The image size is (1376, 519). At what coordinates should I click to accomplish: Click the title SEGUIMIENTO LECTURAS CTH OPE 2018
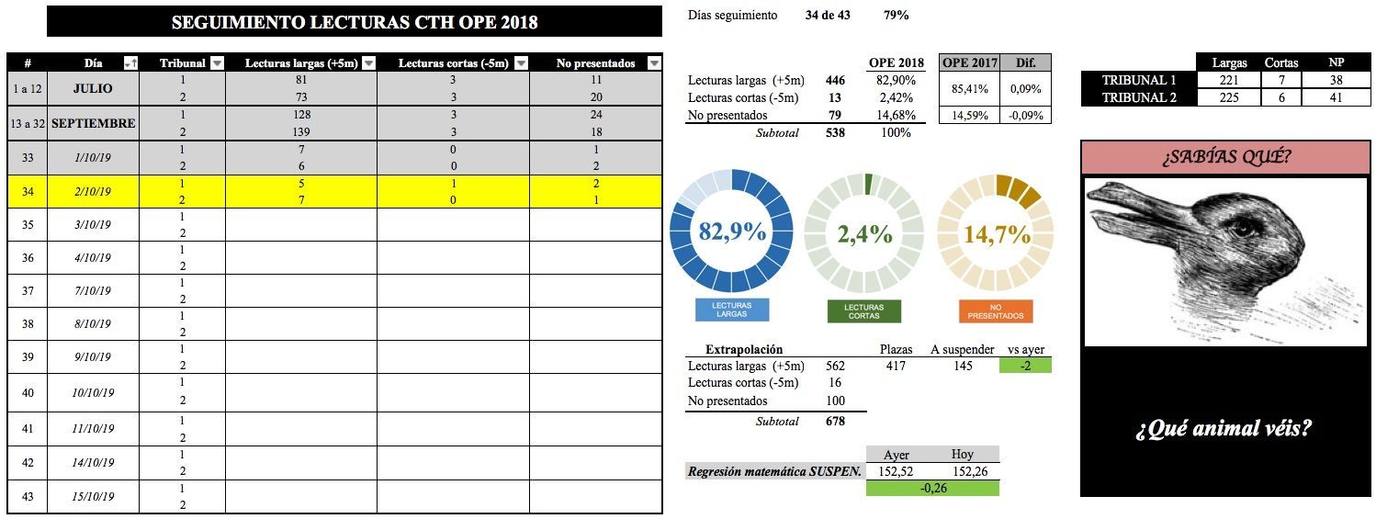355,22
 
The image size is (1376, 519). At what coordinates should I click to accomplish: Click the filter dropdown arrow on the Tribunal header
217,63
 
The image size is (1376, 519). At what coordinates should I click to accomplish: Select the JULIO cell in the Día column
93,89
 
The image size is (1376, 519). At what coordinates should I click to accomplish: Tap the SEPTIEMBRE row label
93,123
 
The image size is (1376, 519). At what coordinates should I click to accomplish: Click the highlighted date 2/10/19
93,192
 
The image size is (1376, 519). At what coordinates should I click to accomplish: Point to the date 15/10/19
93,497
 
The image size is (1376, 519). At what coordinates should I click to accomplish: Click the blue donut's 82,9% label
732,231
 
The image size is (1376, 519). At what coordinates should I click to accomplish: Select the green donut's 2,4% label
864,233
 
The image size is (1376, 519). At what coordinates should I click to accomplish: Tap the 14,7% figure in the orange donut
997,234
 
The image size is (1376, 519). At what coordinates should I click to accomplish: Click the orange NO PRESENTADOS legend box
997,310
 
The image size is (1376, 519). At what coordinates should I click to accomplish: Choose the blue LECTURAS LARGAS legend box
732,310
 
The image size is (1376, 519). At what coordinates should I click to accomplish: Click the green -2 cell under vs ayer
1025,366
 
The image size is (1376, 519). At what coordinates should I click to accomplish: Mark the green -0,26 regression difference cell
932,489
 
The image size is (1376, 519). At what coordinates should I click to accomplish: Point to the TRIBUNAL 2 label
1139,97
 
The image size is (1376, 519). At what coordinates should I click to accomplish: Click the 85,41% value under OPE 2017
968,89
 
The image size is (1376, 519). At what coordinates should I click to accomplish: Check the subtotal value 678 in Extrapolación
835,421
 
